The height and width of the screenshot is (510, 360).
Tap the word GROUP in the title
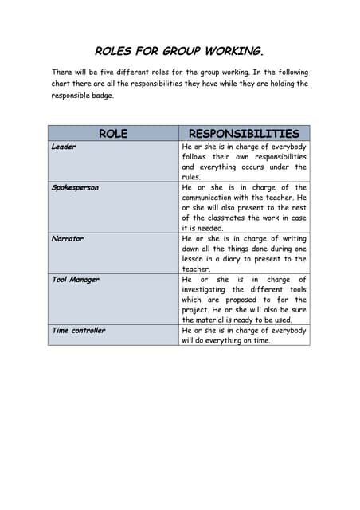point(182,52)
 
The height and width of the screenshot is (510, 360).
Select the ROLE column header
point(113,134)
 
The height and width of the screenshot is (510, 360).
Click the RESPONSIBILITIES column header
point(244,134)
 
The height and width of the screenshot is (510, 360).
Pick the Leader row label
point(64,147)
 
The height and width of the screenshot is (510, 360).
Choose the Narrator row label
point(67,239)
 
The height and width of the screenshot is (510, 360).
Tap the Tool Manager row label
point(75,280)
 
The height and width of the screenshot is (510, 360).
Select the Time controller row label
point(78,331)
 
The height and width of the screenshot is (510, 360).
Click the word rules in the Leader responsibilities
point(192,178)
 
